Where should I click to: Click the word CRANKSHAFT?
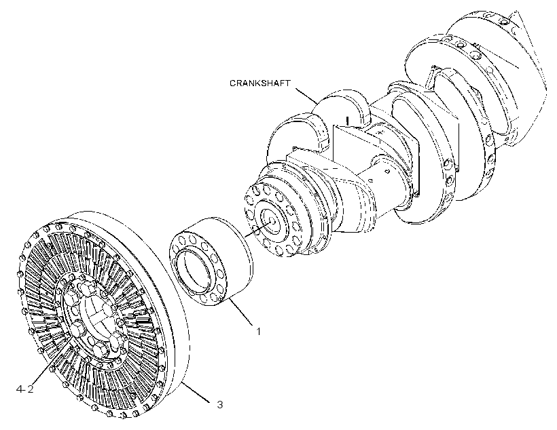[x=259, y=83]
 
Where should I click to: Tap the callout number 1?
[x=259, y=332]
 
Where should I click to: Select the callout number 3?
[x=220, y=404]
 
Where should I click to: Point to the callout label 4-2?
[x=25, y=389]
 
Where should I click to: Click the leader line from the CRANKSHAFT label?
[x=307, y=96]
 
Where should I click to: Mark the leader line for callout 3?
[x=196, y=393]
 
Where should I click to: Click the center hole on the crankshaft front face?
[x=272, y=220]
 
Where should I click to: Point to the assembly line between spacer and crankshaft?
[x=258, y=229]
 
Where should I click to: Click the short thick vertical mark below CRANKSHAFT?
[x=348, y=121]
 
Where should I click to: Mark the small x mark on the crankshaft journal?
[x=380, y=132]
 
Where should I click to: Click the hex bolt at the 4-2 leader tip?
[x=73, y=343]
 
